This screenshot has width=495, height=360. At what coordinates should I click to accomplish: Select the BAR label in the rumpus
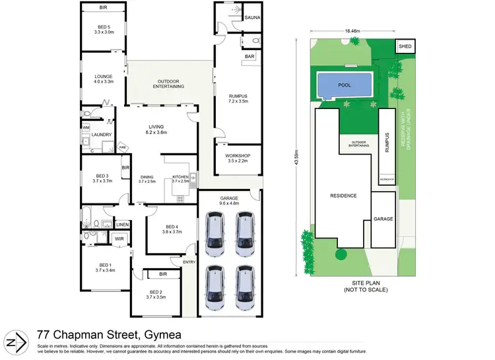250,57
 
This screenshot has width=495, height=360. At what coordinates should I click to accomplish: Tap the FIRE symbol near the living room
121,147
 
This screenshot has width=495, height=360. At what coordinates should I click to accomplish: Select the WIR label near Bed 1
119,238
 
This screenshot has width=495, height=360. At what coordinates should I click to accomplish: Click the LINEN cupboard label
122,225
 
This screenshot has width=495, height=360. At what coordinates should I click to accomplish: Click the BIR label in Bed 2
162,273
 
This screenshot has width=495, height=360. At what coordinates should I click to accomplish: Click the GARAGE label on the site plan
383,218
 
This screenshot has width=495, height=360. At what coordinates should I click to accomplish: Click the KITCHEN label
181,177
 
